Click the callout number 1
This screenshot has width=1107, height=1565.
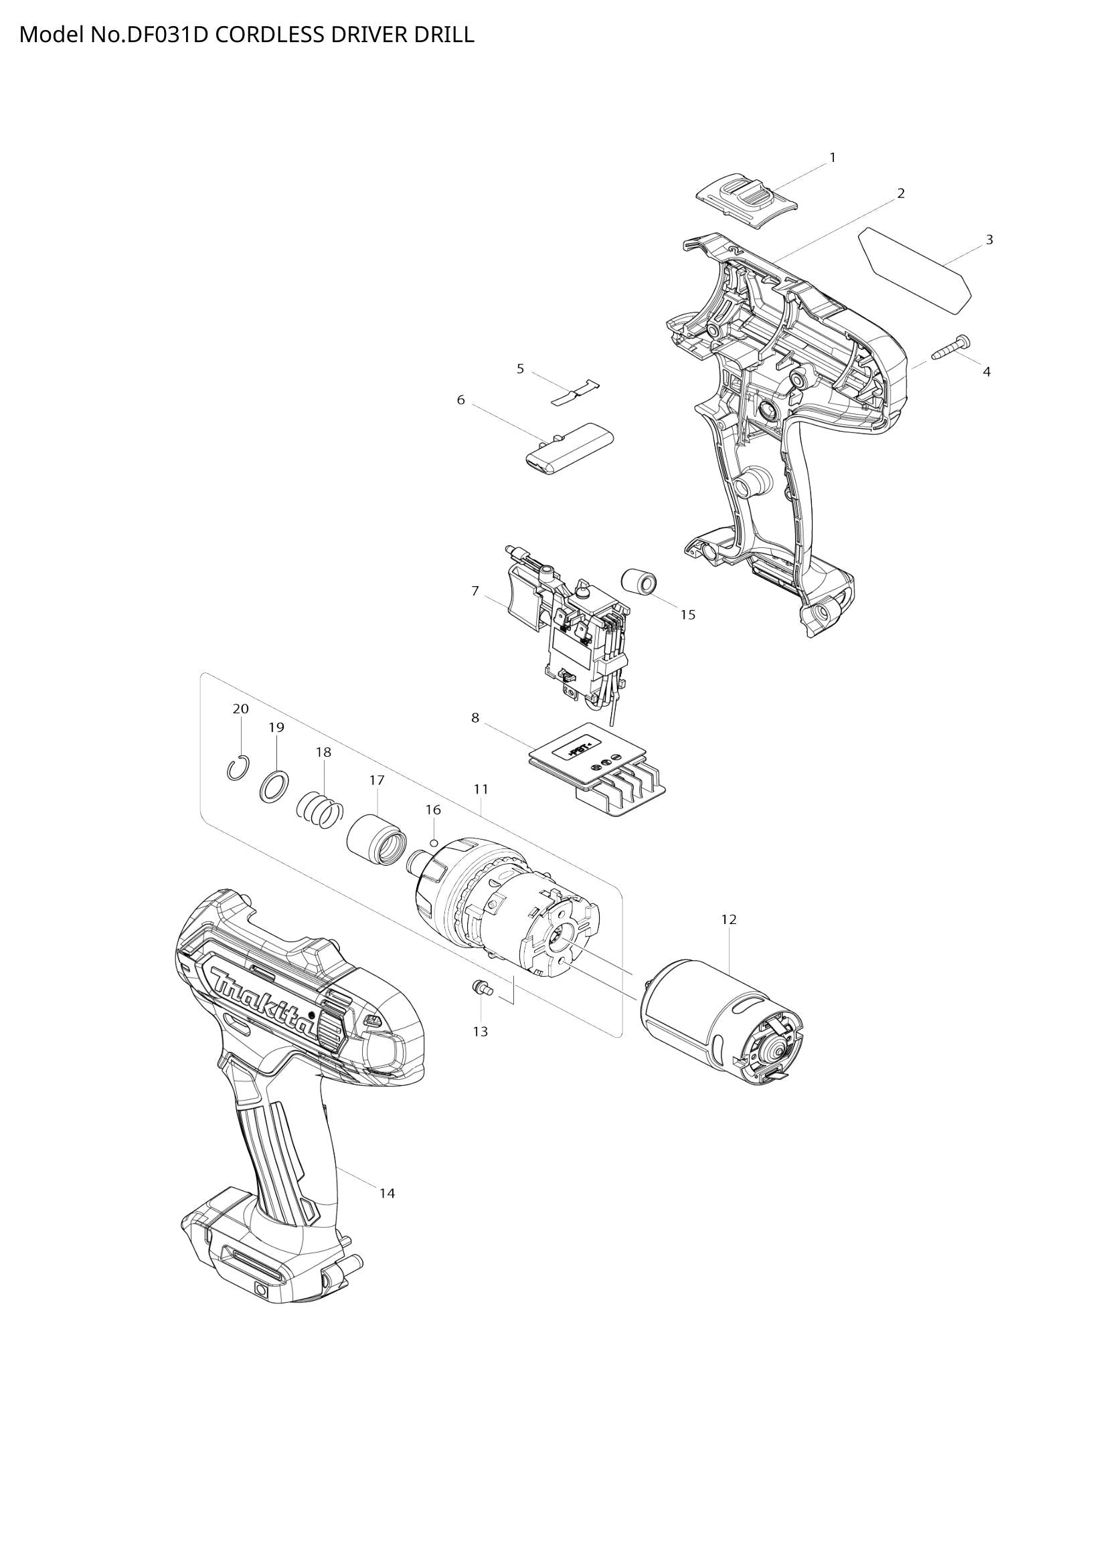click(833, 157)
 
